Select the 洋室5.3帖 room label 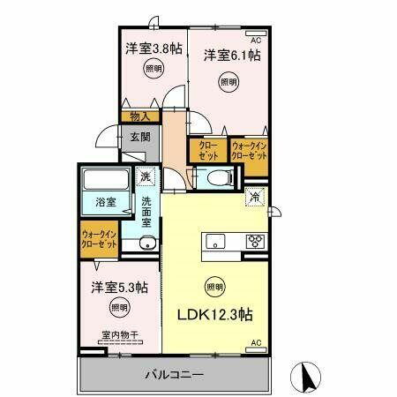coord(118,288)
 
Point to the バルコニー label coord(175,375)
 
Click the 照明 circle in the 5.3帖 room coord(118,308)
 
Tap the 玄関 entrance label coord(141,137)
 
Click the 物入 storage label coord(139,116)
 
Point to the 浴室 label coord(107,202)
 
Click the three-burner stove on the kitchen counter coord(256,240)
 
